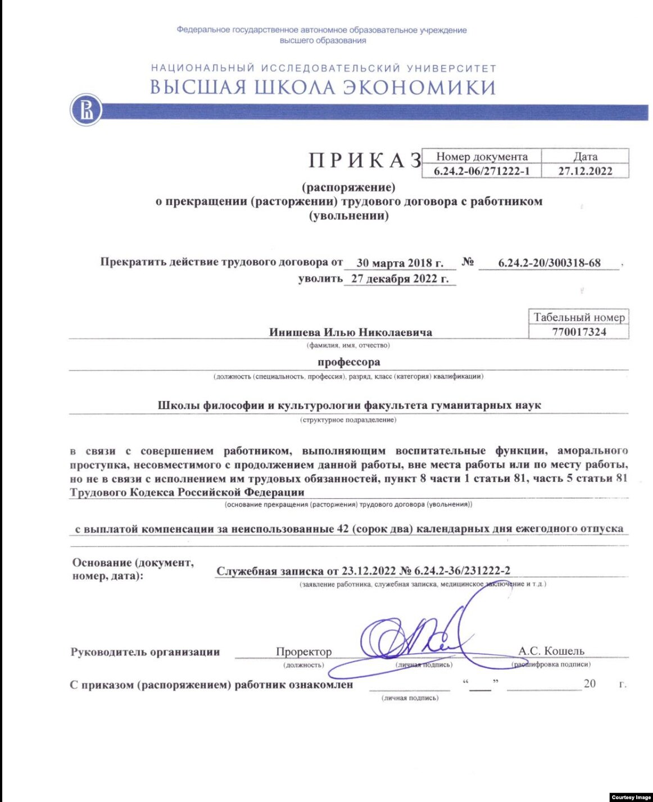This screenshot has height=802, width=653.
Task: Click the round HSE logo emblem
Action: [86, 110]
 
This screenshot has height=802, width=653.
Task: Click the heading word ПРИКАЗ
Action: [365, 161]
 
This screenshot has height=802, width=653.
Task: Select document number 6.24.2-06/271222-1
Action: [482, 171]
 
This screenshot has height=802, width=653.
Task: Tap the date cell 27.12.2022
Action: [585, 171]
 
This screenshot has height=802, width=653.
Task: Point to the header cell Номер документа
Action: [482, 157]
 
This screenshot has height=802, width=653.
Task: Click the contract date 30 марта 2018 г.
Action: [400, 263]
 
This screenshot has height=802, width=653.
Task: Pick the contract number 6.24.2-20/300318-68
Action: [549, 263]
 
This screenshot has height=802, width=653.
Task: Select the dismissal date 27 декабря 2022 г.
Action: [400, 279]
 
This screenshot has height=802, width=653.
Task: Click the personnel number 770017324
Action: [579, 332]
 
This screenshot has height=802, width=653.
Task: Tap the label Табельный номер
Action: [579, 317]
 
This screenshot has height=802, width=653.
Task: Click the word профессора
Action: [348, 362]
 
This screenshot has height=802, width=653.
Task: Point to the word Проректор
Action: [303, 651]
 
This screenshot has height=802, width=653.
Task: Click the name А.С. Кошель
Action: [551, 651]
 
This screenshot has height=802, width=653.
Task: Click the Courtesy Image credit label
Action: [631, 797]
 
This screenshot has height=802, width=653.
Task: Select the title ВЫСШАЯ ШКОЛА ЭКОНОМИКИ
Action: [323, 88]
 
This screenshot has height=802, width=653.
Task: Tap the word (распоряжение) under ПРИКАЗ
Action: [348, 187]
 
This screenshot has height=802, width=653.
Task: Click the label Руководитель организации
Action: [145, 652]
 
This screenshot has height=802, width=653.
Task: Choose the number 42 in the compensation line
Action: [343, 529]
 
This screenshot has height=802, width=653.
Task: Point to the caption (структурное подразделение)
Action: [348, 420]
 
